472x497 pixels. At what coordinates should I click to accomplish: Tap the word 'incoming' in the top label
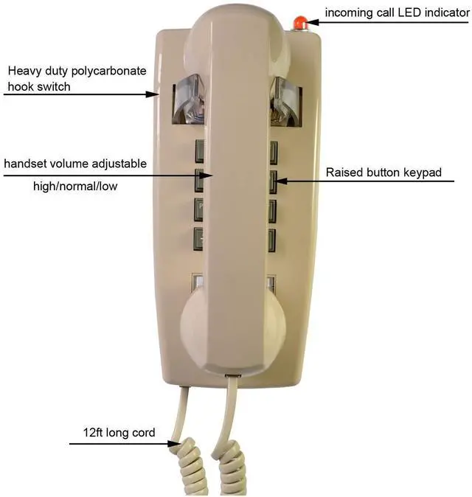(x=350, y=13)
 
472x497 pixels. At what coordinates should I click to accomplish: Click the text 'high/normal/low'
(x=75, y=187)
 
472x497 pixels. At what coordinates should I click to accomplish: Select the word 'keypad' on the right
(x=424, y=173)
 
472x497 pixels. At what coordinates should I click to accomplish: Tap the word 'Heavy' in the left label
(x=24, y=71)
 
